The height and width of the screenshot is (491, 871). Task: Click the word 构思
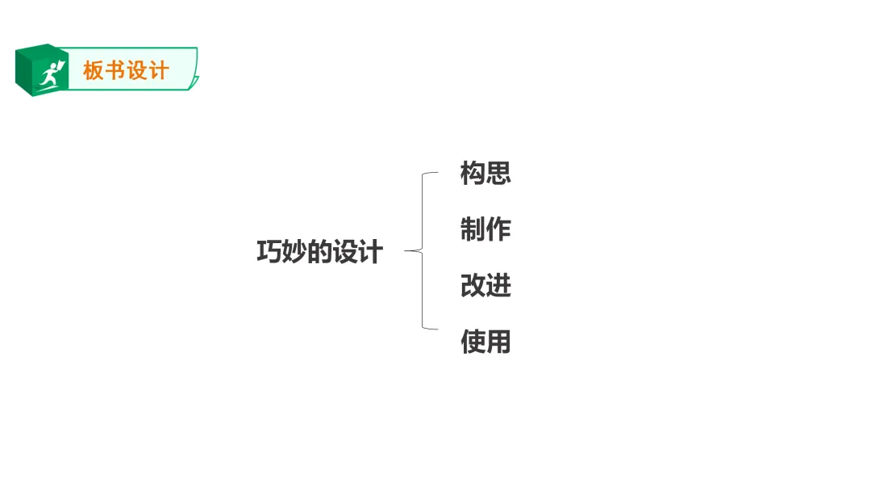pos(486,173)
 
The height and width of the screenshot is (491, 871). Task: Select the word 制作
pos(486,229)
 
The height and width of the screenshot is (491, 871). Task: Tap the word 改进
pos(486,286)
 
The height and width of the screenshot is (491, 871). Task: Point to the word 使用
pos(486,342)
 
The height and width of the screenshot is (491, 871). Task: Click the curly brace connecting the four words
pos(423,251)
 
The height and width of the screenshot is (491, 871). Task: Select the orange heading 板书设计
pos(126,71)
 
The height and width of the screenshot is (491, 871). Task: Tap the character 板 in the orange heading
pos(94,71)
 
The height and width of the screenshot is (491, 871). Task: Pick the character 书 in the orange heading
pos(115,71)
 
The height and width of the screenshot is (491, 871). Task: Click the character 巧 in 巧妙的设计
pos(269,252)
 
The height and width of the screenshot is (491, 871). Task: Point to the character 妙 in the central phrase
pos(294,252)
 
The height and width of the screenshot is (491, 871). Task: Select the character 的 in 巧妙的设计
pos(320,252)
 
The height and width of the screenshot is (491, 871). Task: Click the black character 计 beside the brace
pos(370,252)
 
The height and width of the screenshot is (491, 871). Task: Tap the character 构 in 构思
pos(473,173)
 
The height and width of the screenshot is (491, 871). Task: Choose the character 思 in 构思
pos(498,173)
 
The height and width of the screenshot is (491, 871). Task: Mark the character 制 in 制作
pos(473,229)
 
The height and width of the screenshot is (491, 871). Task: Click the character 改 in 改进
pos(473,286)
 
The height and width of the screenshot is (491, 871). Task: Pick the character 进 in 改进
pos(498,286)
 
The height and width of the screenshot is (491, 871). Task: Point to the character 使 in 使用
pos(473,342)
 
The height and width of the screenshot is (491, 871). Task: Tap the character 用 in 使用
pos(498,342)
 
